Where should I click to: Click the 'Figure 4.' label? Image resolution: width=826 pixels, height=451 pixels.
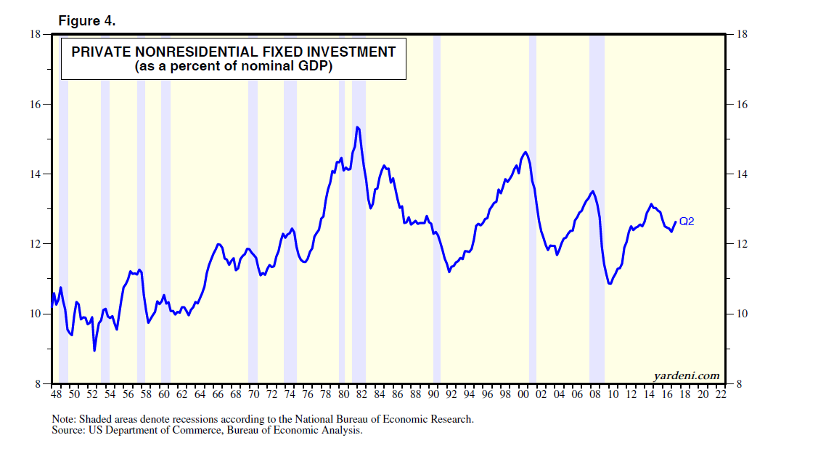87,21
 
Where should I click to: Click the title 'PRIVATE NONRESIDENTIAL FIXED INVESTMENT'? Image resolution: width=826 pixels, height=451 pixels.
233,52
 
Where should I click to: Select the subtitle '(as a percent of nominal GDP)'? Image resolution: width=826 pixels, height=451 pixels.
233,67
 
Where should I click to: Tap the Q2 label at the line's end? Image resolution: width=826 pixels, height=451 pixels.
687,222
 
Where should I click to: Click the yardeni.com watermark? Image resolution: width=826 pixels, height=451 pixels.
687,375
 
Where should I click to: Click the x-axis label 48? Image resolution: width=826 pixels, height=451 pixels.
56,395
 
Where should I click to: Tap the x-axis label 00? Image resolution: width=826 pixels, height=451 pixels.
523,395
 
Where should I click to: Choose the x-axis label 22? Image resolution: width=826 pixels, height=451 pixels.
721,395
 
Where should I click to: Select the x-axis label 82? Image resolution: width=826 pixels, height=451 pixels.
361,395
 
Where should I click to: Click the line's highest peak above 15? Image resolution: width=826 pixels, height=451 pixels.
357,127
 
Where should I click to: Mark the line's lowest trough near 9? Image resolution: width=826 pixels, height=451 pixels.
94,351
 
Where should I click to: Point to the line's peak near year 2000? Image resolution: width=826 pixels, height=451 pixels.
525,152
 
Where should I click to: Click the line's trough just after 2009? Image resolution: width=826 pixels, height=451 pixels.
610,283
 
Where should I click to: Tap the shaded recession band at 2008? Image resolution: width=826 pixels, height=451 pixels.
597,218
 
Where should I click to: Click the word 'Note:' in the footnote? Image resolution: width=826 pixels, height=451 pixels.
64,419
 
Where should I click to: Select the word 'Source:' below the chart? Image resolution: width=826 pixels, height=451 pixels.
69,430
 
